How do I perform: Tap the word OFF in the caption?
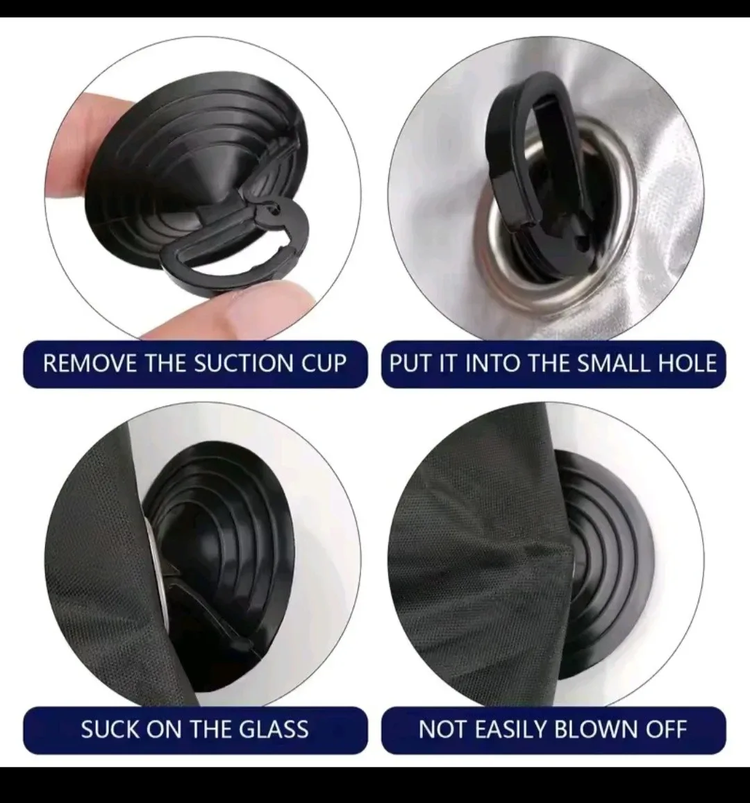pyautogui.click(x=665, y=729)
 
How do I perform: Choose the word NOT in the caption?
pyautogui.click(x=442, y=729)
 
